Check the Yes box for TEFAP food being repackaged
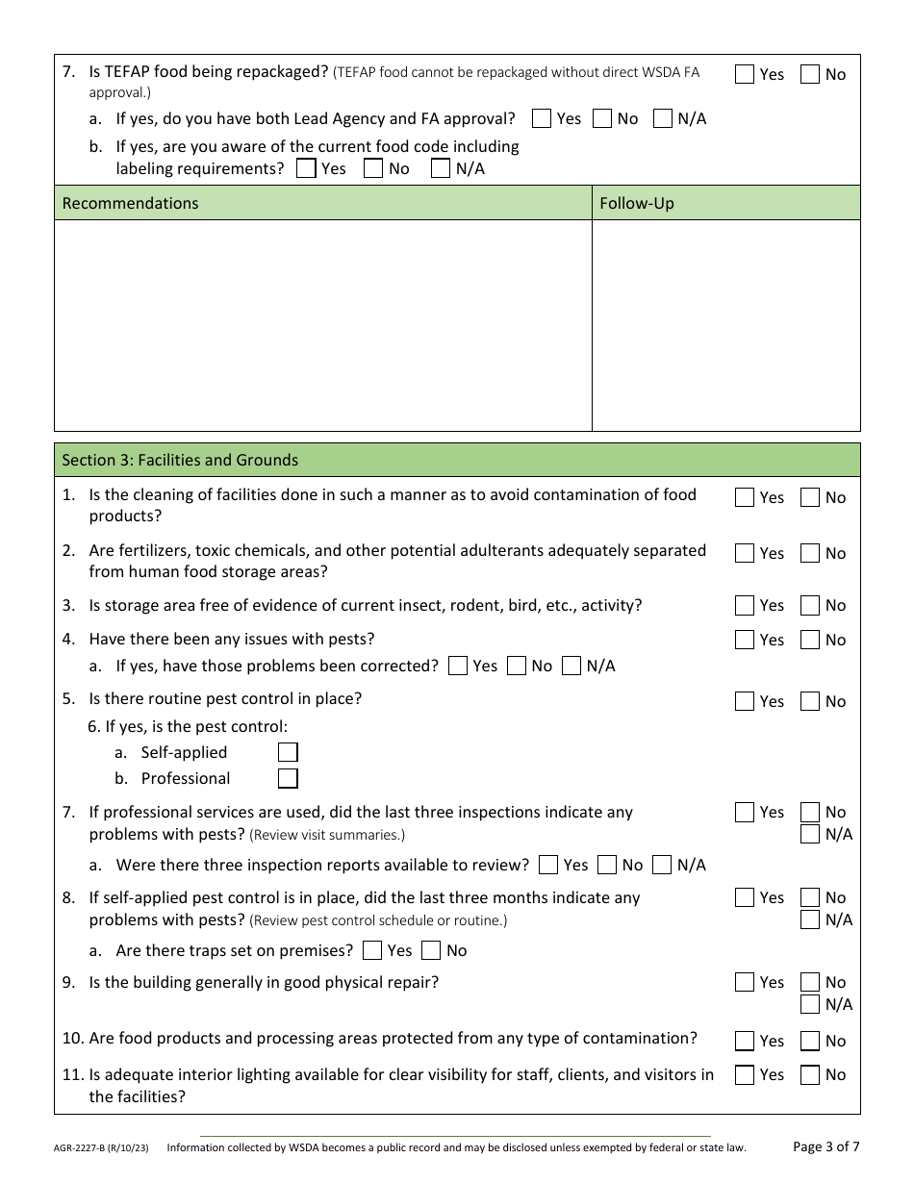[x=744, y=74]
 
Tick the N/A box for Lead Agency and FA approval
[x=662, y=118]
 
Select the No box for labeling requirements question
[x=373, y=168]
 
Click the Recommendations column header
[x=130, y=203]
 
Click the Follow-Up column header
[x=636, y=203]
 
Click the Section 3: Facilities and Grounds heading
[x=180, y=460]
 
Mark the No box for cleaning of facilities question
[x=810, y=497]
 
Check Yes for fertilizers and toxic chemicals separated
[x=744, y=553]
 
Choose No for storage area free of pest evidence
[x=810, y=605]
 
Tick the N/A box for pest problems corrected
[x=571, y=666]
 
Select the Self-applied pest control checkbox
[x=288, y=752]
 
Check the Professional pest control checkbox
[x=288, y=778]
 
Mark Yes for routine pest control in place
[x=744, y=701]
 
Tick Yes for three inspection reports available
[x=548, y=865]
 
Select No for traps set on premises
[x=431, y=950]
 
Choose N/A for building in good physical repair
[x=810, y=1004]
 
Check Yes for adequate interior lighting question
[x=744, y=1074]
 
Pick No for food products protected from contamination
[x=810, y=1041]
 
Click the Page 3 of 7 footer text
[x=825, y=1145]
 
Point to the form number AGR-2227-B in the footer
[x=87, y=1147]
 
